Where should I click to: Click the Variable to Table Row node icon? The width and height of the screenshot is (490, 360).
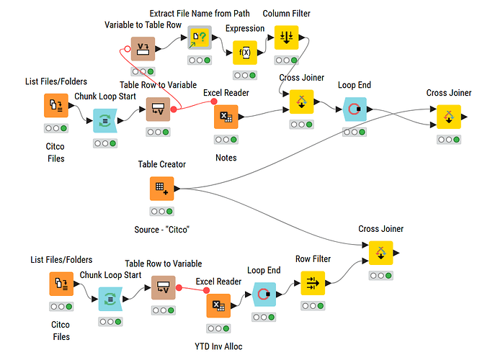coord(143,49)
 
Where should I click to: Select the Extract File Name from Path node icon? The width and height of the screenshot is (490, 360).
coord(199,37)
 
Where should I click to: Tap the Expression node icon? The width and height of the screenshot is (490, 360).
coord(244,53)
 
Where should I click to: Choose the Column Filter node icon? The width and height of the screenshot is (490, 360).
coord(286,37)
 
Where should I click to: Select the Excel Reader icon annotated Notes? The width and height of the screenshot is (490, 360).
coord(226,117)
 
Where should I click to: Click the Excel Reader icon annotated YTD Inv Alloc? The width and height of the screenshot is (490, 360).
coord(218,305)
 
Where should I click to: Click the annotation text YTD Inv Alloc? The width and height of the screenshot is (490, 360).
coord(218,346)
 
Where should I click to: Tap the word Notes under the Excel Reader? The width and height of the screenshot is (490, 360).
coord(226,157)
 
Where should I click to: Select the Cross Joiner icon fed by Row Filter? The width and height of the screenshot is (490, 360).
coord(380,253)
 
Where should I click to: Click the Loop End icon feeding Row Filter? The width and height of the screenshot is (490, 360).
coord(264,293)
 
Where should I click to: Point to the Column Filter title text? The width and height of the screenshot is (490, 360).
coord(286,14)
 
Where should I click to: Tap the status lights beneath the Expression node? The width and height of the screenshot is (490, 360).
coord(244,75)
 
